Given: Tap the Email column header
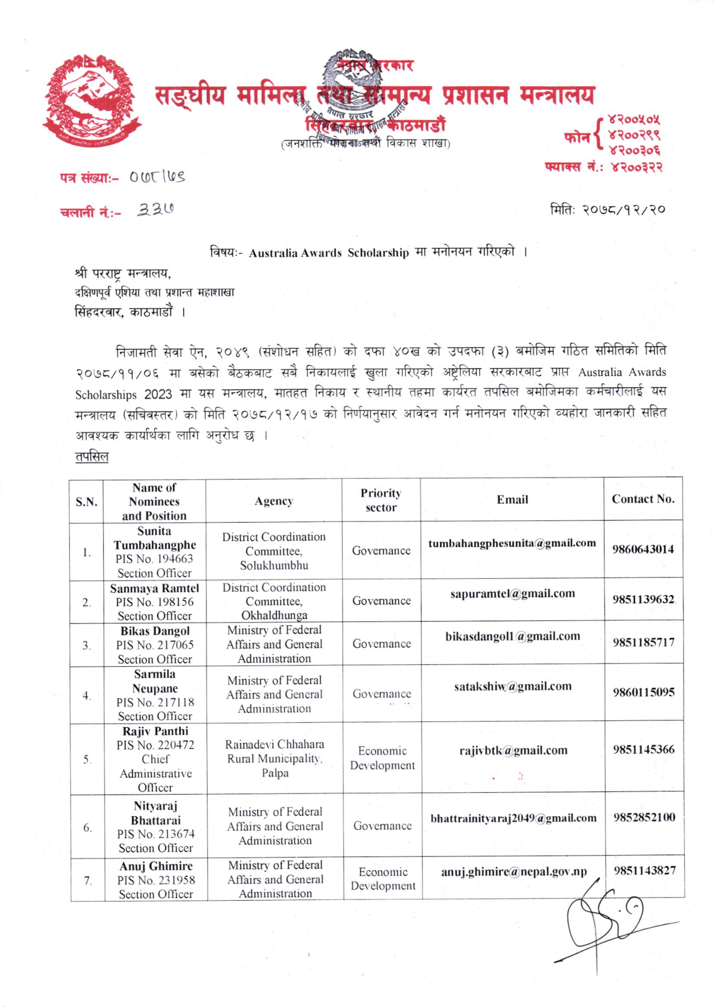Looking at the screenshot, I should pyautogui.click(x=512, y=500).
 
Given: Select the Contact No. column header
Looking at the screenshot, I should pyautogui.click(x=643, y=499).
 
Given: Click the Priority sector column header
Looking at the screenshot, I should pyautogui.click(x=381, y=500).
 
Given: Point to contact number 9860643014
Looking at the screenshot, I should pyautogui.click(x=643, y=549).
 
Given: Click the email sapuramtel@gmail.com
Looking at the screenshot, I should pyautogui.click(x=512, y=593).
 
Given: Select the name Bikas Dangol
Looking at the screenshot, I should pyautogui.click(x=155, y=631).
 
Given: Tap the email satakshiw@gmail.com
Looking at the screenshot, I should pyautogui.click(x=512, y=686).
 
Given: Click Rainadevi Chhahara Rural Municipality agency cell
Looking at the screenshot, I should pyautogui.click(x=275, y=758).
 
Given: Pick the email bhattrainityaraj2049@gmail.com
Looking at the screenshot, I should pyautogui.click(x=513, y=818).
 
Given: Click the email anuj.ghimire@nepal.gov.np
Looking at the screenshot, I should pyautogui.click(x=513, y=872).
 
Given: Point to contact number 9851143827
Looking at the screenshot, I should pyautogui.click(x=644, y=870).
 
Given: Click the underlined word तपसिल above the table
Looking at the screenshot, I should pyautogui.click(x=92, y=457).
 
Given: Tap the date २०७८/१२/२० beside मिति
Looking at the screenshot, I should pyautogui.click(x=624, y=210).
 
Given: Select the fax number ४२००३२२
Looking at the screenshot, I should pyautogui.click(x=636, y=168).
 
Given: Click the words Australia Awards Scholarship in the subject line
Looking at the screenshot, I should pyautogui.click(x=329, y=253).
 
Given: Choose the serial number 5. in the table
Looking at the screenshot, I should pyautogui.click(x=87, y=760).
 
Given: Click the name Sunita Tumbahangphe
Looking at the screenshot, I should pyautogui.click(x=155, y=538).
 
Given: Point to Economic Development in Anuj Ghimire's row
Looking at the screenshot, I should pyautogui.click(x=383, y=879).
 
